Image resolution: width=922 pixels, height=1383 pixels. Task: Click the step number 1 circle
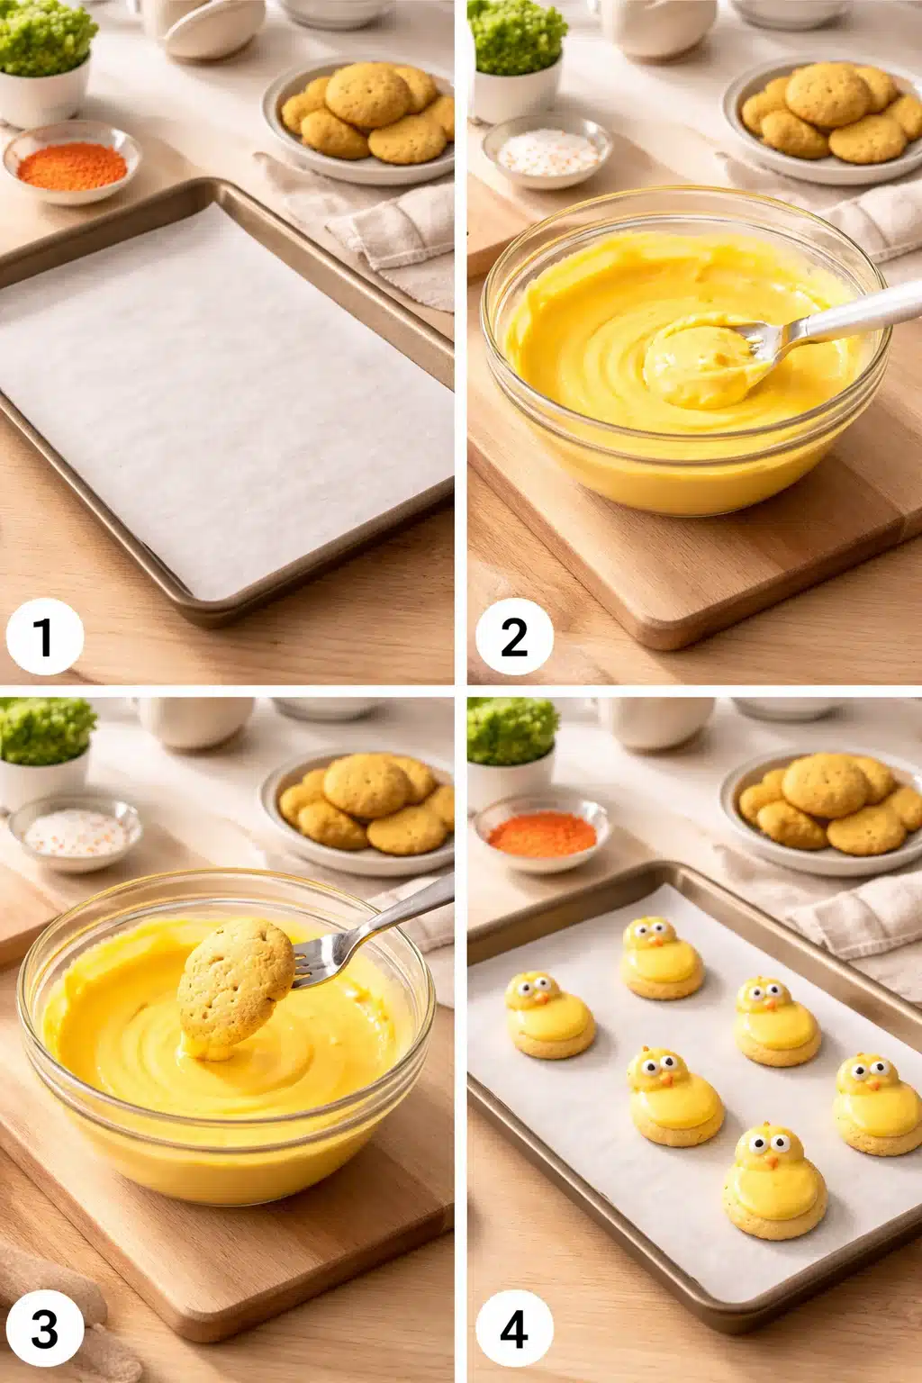point(44,637)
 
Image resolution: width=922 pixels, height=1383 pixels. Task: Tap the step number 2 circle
point(514,637)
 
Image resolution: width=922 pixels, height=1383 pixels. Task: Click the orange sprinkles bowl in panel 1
point(72,162)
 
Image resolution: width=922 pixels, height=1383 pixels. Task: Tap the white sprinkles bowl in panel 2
point(547,150)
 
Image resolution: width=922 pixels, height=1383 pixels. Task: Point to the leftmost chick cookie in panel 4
point(549,1016)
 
